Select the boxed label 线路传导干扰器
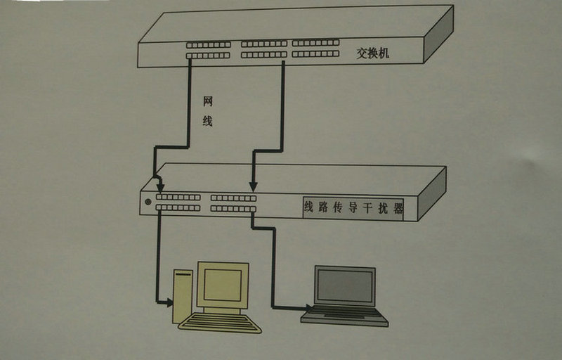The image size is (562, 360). tap(353, 208)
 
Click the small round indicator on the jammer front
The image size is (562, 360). tap(148, 202)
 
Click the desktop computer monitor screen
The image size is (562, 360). tap(223, 285)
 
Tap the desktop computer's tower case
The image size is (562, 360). tap(183, 296)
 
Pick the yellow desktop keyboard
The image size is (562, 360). tap(220, 323)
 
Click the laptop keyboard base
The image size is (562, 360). tap(344, 316)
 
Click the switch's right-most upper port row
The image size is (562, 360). tap(315, 44)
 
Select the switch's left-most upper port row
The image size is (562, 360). tap(209, 44)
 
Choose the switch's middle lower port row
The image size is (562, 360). tap(264, 54)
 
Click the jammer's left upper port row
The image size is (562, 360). tap(178, 198)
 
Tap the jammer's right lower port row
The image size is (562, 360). tap(233, 209)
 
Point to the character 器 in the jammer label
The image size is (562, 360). tap(398, 208)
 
